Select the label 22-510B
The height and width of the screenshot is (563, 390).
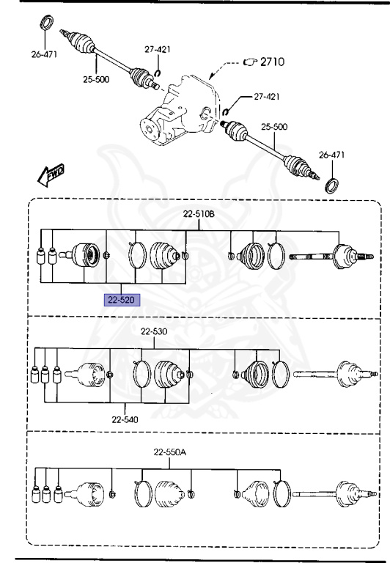point(199,214)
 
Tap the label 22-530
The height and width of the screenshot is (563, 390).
point(155,332)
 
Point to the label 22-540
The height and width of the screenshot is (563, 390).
point(126,420)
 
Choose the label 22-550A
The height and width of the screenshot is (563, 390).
point(170,452)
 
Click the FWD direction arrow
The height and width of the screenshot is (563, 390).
point(50,174)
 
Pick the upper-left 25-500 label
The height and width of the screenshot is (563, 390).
point(97,80)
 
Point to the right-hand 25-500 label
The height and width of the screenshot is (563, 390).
point(275,127)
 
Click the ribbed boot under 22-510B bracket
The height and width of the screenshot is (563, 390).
point(165,257)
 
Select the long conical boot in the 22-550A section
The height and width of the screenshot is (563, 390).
point(168,493)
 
